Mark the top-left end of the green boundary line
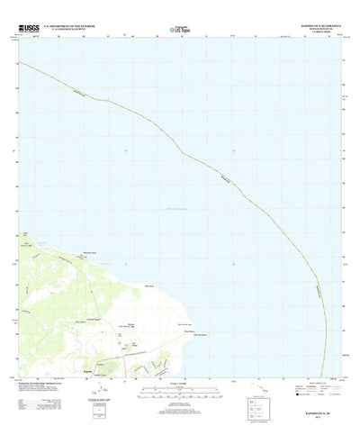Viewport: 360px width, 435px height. (19, 60)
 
